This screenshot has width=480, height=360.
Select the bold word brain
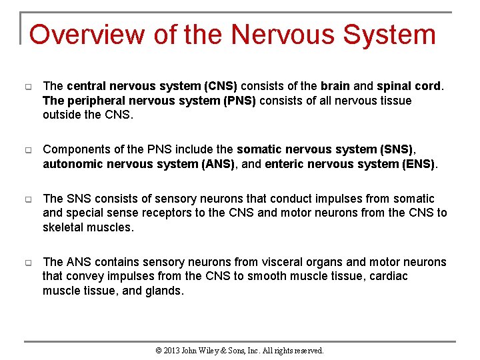[x=335, y=86]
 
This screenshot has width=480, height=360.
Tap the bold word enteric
[x=285, y=164]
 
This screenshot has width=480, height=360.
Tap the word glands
[x=163, y=290]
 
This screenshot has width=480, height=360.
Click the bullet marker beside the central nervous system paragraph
[x=28, y=87]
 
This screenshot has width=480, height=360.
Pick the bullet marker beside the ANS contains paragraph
[x=28, y=263]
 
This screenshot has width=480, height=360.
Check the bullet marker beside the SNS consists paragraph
[x=28, y=199]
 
